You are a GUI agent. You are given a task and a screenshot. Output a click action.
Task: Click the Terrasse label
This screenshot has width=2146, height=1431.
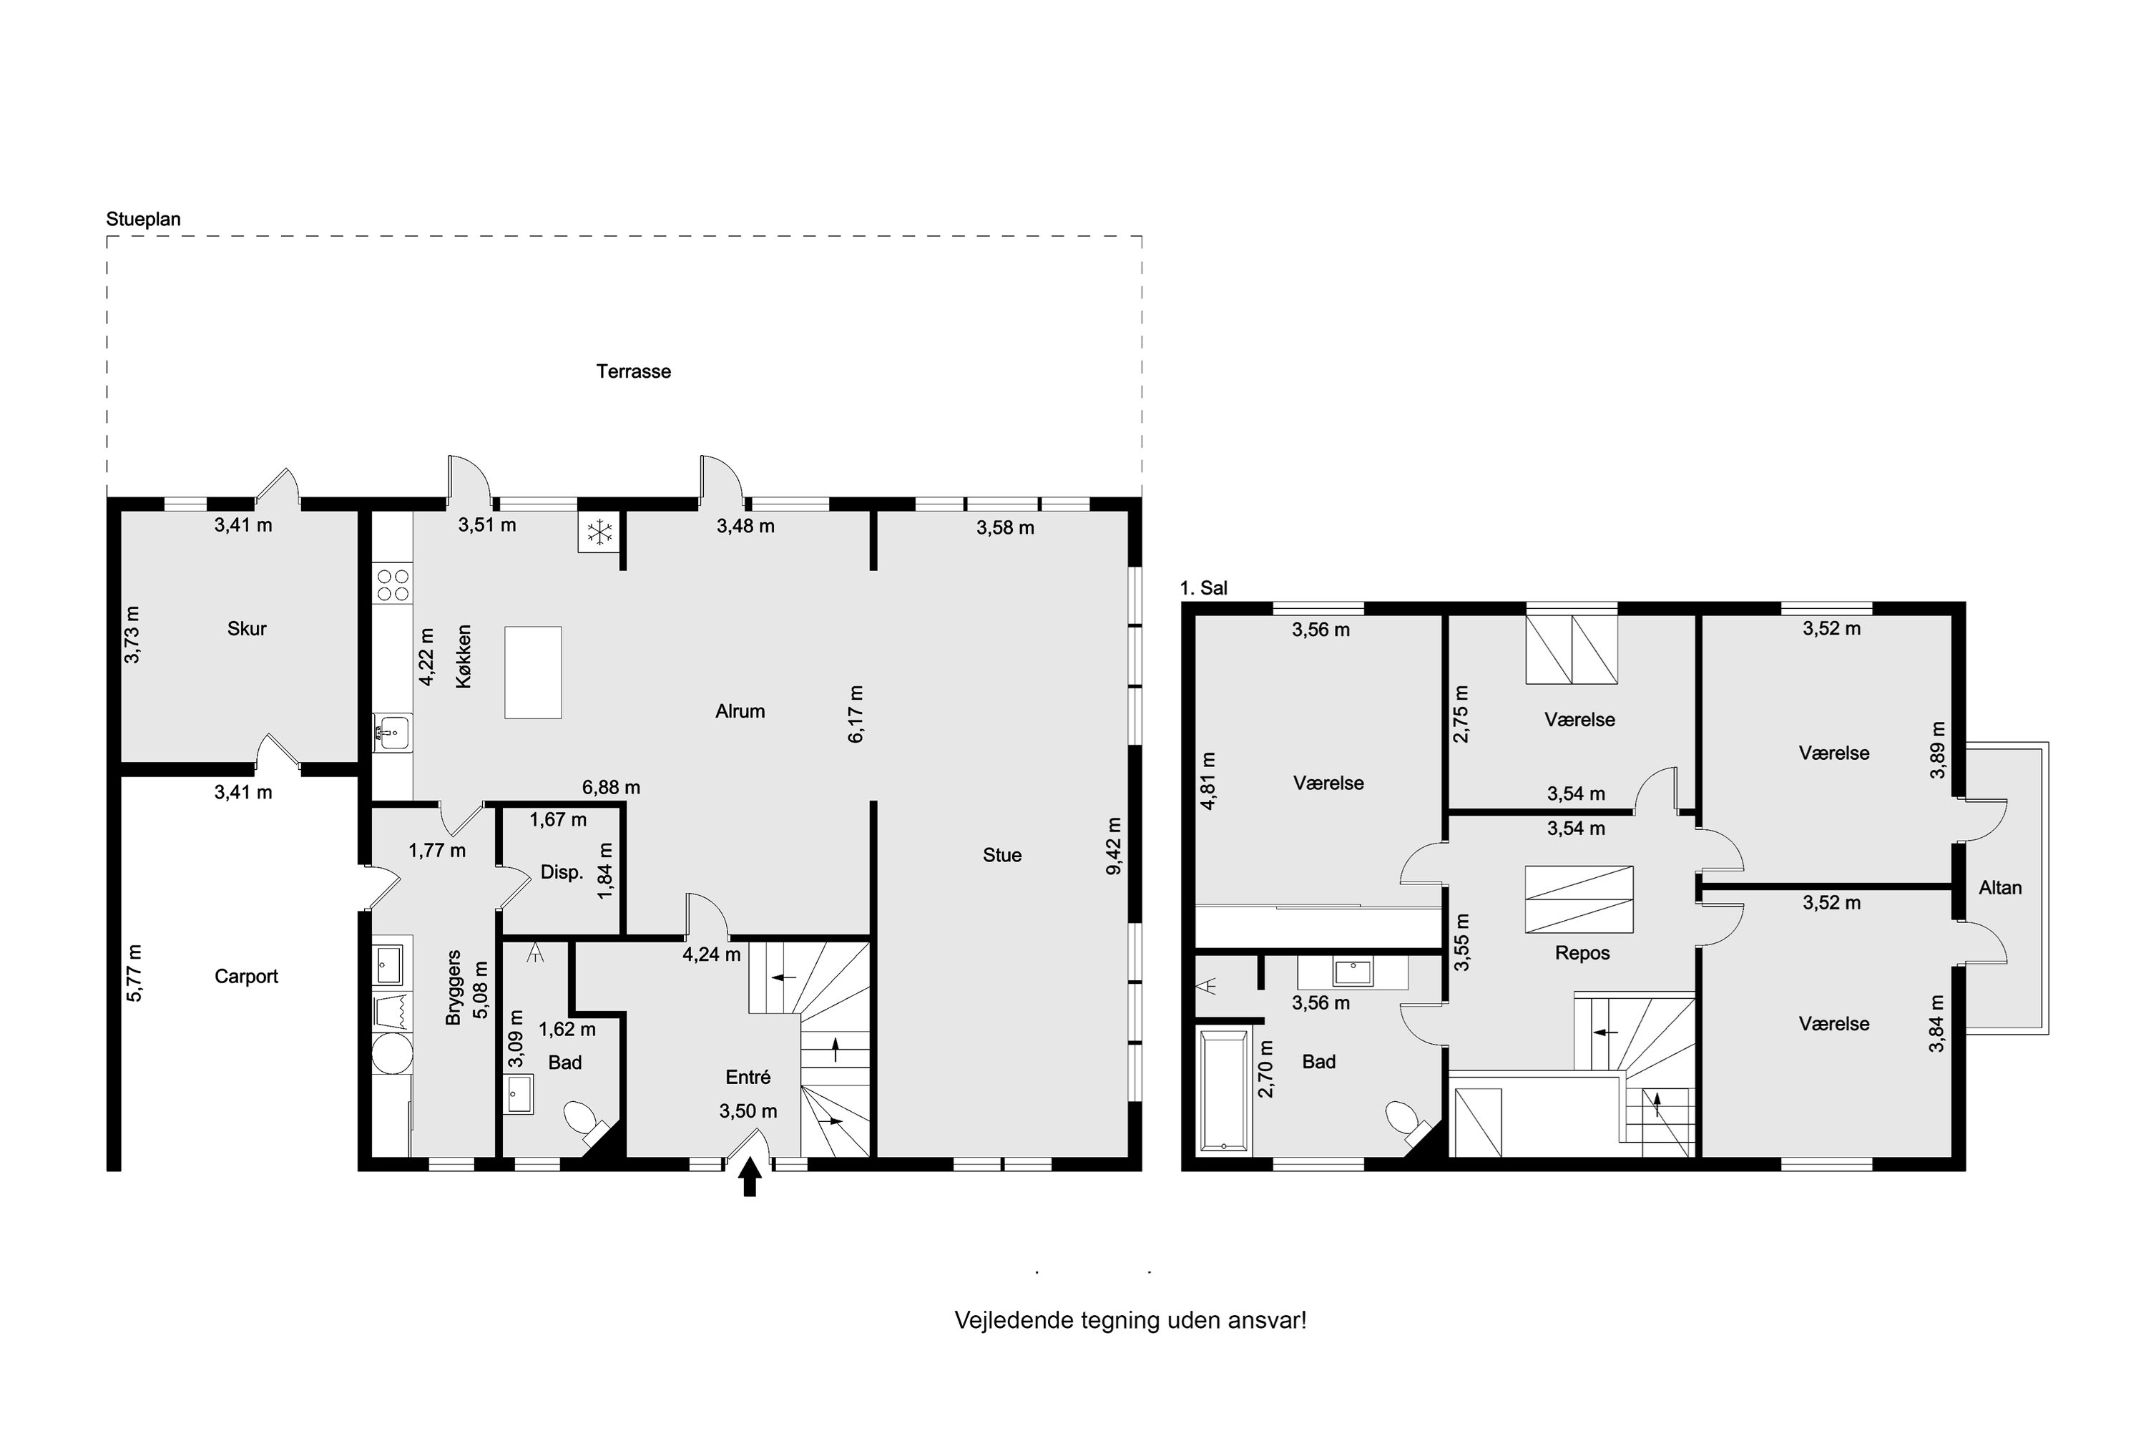tap(633, 371)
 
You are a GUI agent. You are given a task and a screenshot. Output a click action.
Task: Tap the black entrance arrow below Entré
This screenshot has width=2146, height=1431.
tap(749, 1177)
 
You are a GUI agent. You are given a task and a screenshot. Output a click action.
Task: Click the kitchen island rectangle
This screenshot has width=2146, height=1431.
tap(533, 673)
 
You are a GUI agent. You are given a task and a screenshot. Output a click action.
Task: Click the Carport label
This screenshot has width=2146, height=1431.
tap(246, 977)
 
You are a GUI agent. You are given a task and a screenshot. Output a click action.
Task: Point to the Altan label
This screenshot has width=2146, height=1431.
tap(2000, 888)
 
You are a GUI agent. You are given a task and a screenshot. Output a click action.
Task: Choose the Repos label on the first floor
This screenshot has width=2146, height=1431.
tap(1582, 954)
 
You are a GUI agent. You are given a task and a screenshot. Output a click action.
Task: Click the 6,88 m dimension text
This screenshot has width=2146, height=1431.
tap(612, 788)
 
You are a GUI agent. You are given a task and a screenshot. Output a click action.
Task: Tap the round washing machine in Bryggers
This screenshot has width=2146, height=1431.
tap(392, 1054)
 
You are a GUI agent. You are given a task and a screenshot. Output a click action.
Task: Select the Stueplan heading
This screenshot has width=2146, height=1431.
tap(143, 219)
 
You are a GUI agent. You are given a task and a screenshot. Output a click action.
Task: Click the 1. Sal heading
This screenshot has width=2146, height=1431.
tap(1203, 589)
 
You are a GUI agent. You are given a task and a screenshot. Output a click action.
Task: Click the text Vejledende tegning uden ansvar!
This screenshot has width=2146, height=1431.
tap(1130, 1321)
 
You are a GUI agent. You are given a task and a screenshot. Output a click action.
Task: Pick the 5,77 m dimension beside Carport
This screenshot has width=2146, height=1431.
tap(134, 973)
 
